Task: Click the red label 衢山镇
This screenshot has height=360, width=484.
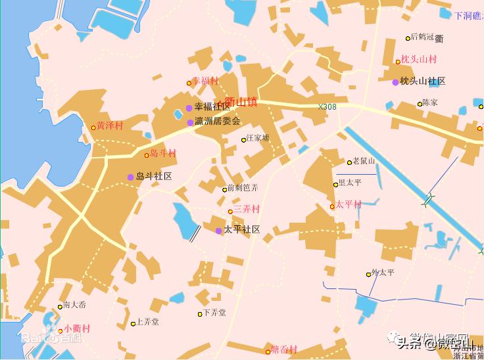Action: tap(241, 102)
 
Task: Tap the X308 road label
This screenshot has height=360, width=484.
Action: tap(327, 106)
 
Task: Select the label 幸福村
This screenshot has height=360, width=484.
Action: tap(205, 81)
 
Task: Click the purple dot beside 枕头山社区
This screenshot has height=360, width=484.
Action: tap(395, 82)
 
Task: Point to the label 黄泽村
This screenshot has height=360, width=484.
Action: tap(110, 125)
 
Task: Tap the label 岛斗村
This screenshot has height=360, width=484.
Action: tap(163, 154)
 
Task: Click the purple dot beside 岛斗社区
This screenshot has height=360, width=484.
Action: tap(130, 177)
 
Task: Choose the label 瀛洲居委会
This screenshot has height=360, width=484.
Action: tap(218, 122)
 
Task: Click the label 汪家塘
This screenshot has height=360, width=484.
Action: tap(257, 139)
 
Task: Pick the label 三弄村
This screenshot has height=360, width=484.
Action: tap(247, 210)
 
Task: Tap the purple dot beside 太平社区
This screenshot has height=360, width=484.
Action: tap(218, 231)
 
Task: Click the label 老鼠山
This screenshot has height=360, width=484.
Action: tap(364, 161)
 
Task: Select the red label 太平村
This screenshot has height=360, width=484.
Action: tap(349, 205)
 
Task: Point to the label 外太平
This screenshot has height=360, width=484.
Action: tap(383, 273)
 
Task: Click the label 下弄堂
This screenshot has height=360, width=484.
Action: tap(214, 313)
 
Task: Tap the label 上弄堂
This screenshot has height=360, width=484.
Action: tap(148, 323)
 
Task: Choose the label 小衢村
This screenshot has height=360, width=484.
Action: tap(78, 329)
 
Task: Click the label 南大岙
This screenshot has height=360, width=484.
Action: tap(74, 305)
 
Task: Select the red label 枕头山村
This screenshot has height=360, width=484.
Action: tap(419, 60)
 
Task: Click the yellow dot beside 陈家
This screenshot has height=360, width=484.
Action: tap(420, 104)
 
